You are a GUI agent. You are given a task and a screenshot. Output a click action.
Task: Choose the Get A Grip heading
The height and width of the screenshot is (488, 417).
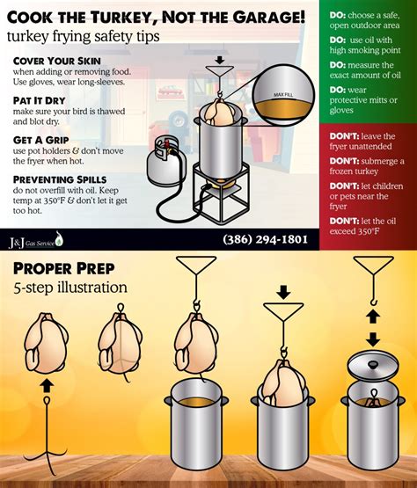point(41,139)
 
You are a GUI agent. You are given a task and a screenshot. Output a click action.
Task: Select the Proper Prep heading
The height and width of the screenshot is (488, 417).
point(64,268)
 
